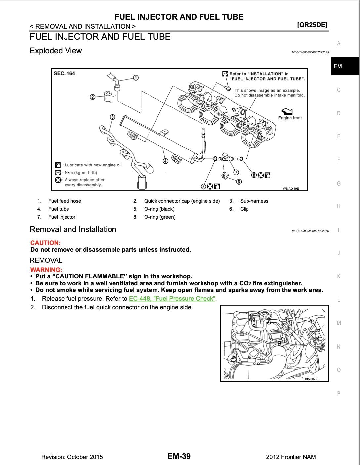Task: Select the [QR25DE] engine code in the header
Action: (x=312, y=25)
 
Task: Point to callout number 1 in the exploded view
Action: (x=136, y=78)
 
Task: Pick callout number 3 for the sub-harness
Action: (x=112, y=117)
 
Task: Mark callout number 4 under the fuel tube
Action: (x=165, y=161)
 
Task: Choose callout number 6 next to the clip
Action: (x=239, y=182)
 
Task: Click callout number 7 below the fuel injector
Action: (x=236, y=172)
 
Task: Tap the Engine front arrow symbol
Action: (x=287, y=111)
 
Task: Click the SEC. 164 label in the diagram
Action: (x=64, y=73)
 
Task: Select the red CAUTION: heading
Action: (x=45, y=243)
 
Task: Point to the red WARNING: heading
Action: (x=46, y=270)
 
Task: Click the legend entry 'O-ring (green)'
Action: (x=160, y=217)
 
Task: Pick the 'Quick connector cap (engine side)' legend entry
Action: (x=182, y=201)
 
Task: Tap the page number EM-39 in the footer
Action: (x=179, y=456)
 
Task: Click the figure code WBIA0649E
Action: (x=291, y=188)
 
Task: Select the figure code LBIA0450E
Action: (x=311, y=379)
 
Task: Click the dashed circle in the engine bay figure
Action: (x=233, y=359)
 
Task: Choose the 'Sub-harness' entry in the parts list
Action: (x=254, y=201)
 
